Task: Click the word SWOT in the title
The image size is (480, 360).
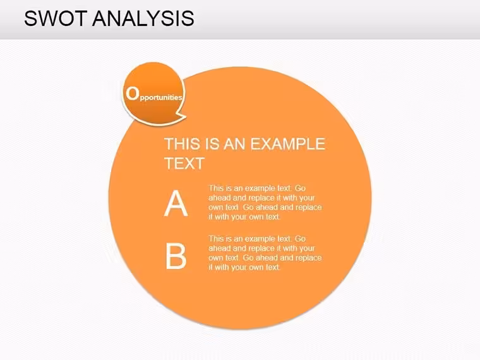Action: point(56,18)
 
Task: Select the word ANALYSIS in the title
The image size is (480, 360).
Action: point(143,18)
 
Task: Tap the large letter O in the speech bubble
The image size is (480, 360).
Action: point(132,93)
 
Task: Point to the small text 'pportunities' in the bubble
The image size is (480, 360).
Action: point(161,98)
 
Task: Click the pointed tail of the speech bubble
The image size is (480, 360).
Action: point(184,116)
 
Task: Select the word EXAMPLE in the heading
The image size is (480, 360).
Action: point(288,144)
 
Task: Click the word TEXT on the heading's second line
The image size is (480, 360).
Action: point(184,164)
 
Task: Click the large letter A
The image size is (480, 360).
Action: point(176,203)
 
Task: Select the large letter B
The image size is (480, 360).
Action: point(176,256)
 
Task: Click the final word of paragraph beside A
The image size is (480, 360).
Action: point(272,217)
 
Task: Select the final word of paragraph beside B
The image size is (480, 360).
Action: point(272,267)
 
